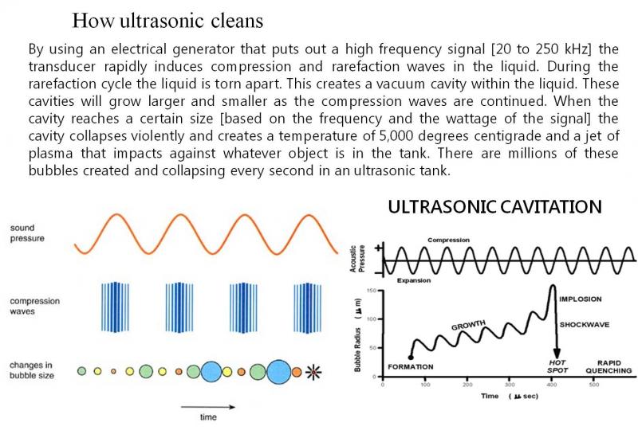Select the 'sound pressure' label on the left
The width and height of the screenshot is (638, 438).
(28, 233)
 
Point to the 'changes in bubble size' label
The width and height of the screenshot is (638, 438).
(32, 370)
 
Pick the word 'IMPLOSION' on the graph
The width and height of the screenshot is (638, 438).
(580, 299)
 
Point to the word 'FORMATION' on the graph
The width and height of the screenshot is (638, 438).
(410, 366)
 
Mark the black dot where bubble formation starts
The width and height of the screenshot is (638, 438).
(410, 356)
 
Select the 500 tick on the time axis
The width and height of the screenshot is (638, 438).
(593, 385)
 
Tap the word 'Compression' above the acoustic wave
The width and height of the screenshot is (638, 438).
(449, 240)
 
